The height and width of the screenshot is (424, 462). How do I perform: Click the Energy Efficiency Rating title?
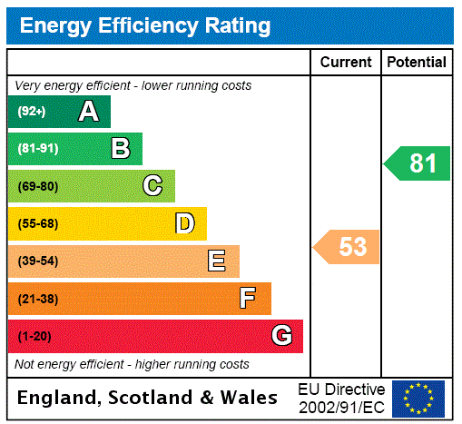[x=144, y=26]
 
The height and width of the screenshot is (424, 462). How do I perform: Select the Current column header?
[x=346, y=63]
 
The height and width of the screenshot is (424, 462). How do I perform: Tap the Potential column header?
[x=417, y=63]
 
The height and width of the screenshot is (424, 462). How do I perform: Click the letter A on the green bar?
[x=88, y=112]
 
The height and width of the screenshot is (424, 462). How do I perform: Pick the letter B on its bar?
[x=120, y=149]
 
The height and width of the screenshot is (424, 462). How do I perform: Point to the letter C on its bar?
[x=152, y=186]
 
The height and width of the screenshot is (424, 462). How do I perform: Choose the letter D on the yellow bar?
[x=184, y=223]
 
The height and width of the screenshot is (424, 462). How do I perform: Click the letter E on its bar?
[x=217, y=261]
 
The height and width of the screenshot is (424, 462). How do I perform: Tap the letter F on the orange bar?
[x=248, y=298]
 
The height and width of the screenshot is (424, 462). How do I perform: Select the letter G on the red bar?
[x=281, y=336]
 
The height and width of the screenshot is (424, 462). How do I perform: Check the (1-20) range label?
[x=34, y=336]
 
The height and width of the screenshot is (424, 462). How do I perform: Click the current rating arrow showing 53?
[x=347, y=246]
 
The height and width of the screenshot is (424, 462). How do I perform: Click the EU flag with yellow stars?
[x=418, y=399]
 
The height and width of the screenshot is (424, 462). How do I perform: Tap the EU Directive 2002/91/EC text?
[x=341, y=398]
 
